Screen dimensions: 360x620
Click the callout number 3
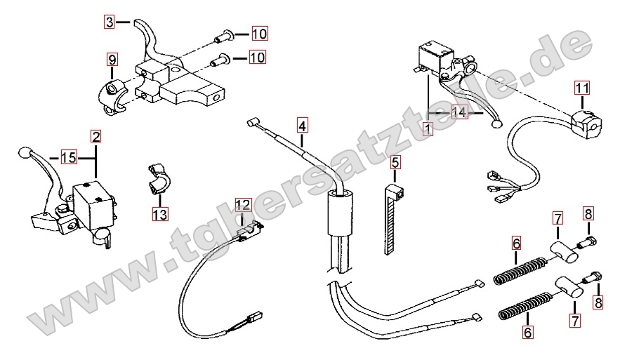click(110, 22)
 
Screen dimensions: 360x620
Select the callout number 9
click(112, 59)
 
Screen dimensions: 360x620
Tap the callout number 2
click(95, 135)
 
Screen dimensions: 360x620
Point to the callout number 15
click(68, 158)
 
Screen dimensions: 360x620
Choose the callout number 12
click(242, 205)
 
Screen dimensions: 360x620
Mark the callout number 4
click(302, 126)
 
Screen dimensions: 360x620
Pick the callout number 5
click(395, 163)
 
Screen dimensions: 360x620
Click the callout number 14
click(459, 112)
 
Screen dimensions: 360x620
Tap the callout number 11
click(581, 88)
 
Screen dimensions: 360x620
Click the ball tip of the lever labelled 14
click(498, 125)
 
